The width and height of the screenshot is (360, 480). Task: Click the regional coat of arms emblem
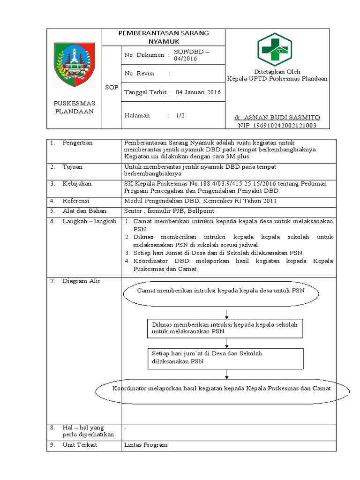coord(75,64)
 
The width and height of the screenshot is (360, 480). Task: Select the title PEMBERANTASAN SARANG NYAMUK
coord(164,37)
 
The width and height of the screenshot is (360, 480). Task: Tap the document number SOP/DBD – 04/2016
coord(192,55)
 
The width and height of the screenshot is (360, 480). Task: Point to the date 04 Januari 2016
coord(198,92)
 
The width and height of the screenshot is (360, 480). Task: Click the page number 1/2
coord(180,115)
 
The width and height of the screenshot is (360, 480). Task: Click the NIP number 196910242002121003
coord(277,125)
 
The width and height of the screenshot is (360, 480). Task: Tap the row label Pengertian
coord(78,142)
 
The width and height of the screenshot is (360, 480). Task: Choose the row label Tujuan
coord(73,166)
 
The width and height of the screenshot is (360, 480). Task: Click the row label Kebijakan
coord(77,183)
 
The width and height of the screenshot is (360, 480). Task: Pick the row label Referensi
coord(77,201)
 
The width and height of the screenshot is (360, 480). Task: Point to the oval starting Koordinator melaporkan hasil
coord(223,389)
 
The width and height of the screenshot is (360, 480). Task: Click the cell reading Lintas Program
coord(146,444)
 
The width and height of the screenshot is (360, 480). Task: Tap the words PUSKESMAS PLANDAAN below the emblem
coord(75,107)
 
